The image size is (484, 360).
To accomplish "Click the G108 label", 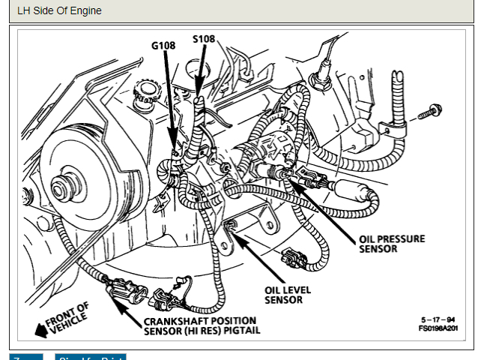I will coord(163,45).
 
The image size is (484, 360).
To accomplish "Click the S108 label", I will coord(205,38).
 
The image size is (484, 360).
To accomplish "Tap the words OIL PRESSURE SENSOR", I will coord(391,244).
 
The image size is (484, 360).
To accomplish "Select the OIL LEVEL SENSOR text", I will coord(288,295).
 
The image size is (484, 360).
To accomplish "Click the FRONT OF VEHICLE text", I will coord(69,316).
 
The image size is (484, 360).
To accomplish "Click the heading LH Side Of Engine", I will coord(59,11).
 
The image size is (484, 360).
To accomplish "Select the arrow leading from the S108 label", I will coord(199,75).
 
